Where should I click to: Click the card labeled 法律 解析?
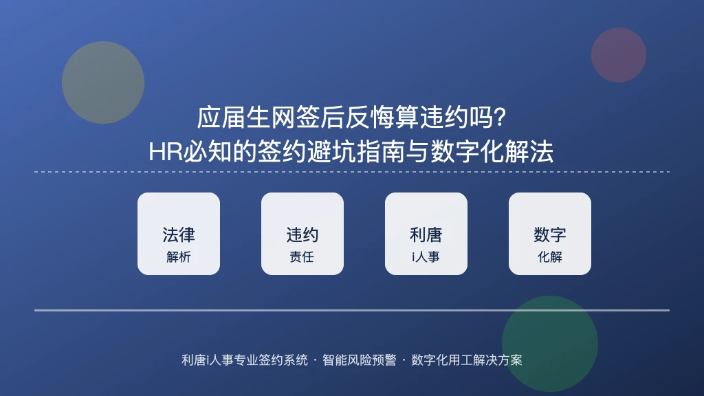tap(179, 234)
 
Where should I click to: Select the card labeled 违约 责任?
tap(302, 234)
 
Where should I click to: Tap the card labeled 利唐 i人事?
tap(426, 234)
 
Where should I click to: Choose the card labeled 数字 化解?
tap(549, 234)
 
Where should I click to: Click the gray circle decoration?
tap(103, 82)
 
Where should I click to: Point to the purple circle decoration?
tap(619, 55)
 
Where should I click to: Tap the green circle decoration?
tap(550, 344)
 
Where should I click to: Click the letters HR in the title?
tap(166, 152)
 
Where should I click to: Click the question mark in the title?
tap(499, 117)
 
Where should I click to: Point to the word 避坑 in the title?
tap(332, 152)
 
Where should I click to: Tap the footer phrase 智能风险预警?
tap(360, 360)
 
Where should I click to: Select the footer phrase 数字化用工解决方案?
tap(467, 360)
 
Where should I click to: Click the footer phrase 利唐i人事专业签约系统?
tap(245, 360)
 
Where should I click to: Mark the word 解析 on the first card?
tap(179, 257)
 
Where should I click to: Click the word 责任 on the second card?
tap(302, 257)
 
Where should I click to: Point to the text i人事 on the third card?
tap(426, 257)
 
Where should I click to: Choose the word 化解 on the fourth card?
tap(550, 257)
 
